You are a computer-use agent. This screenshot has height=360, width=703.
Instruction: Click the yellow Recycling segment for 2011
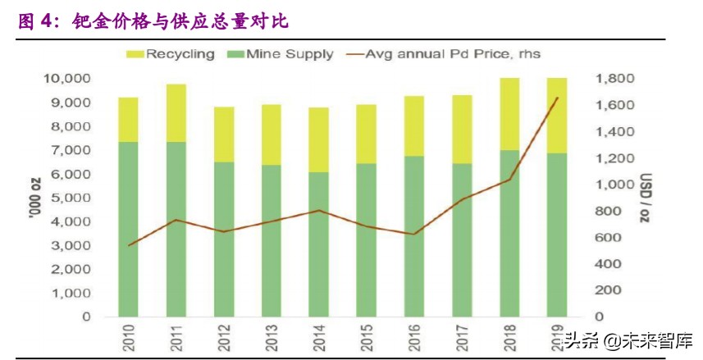pyautogui.click(x=176, y=112)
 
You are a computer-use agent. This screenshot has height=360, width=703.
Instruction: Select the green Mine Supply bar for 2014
pyautogui.click(x=319, y=244)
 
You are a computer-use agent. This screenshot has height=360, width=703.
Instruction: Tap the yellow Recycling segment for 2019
pyautogui.click(x=558, y=115)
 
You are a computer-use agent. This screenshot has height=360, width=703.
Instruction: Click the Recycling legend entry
pyautogui.click(x=171, y=54)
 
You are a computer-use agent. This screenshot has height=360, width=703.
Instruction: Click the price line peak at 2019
pyautogui.click(x=558, y=98)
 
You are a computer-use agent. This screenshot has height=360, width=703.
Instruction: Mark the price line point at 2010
pyautogui.click(x=129, y=244)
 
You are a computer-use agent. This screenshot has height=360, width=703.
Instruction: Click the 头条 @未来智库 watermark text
pyautogui.click(x=628, y=339)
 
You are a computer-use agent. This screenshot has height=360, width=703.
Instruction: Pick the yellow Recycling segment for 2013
pyautogui.click(x=272, y=134)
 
